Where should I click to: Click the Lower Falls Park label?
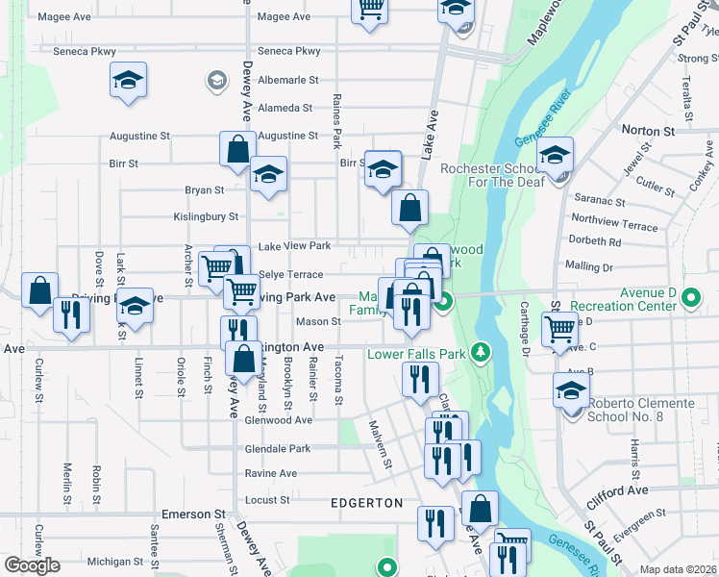(416, 354)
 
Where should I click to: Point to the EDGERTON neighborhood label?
(366, 503)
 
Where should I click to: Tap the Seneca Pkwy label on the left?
(85, 51)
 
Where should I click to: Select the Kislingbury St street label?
(206, 217)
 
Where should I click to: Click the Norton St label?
(647, 131)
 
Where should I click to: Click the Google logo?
(32, 565)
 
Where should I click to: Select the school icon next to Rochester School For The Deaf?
(556, 154)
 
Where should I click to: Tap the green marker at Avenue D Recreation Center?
(693, 299)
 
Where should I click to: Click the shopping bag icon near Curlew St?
(40, 289)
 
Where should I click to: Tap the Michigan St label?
(114, 561)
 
